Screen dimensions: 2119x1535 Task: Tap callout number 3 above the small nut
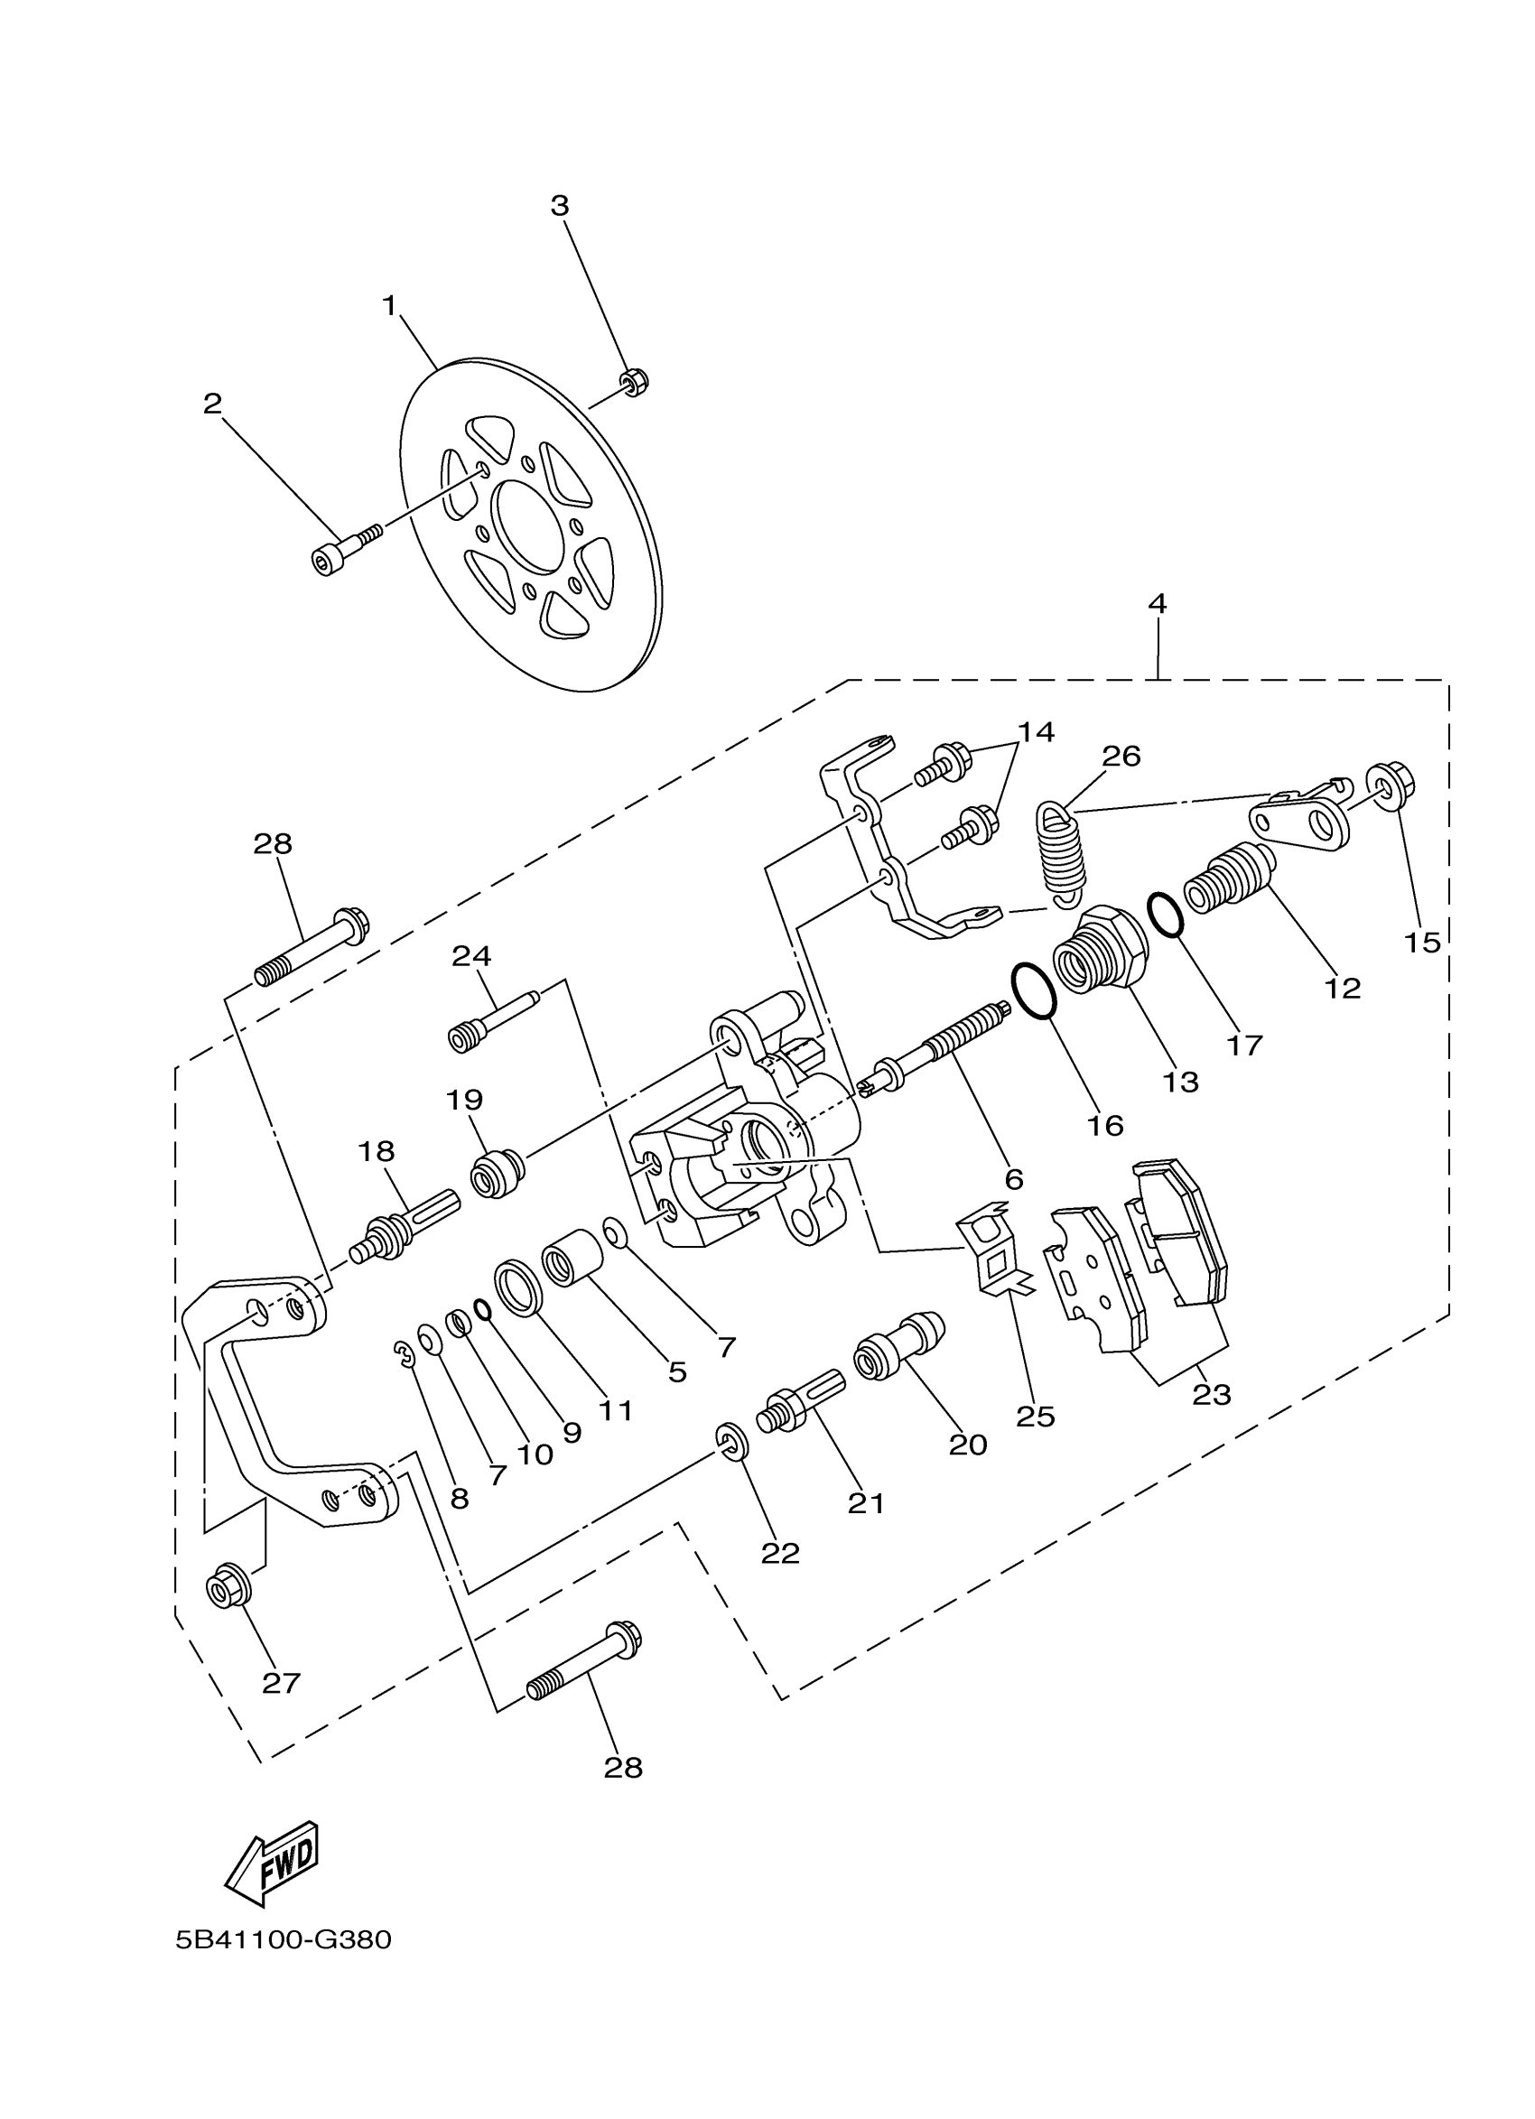click(x=560, y=206)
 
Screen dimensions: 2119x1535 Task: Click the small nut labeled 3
click(x=635, y=382)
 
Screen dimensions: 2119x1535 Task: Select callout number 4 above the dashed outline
click(x=1158, y=604)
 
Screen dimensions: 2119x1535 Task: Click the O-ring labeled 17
click(x=1165, y=914)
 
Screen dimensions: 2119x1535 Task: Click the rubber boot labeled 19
click(x=498, y=1175)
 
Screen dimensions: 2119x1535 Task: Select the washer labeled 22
click(x=730, y=1441)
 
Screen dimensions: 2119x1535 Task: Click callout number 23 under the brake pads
click(x=1212, y=1395)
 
